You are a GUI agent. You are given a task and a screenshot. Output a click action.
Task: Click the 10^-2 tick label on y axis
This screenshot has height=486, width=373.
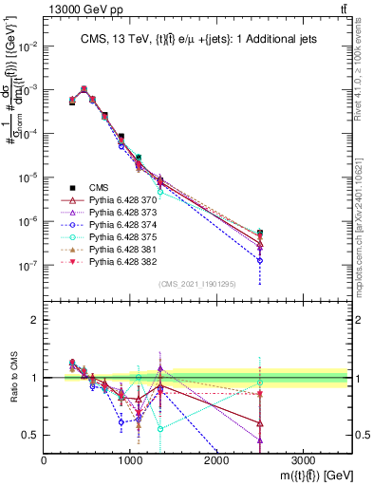pos(28,46)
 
